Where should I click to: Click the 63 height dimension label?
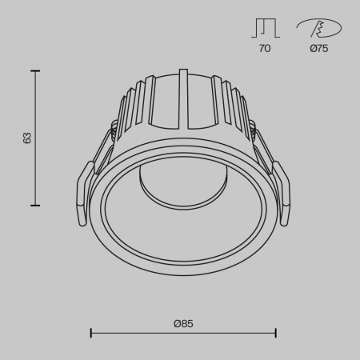coord(26,138)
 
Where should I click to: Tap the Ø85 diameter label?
coord(183,323)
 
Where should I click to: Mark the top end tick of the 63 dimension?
coord(36,71)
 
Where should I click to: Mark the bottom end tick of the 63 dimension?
coord(36,206)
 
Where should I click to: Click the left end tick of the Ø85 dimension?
coord(90,332)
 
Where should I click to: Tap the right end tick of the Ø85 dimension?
coord(276,332)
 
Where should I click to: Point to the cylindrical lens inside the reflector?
coord(160,180)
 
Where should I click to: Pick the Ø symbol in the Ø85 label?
coord(176,323)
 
